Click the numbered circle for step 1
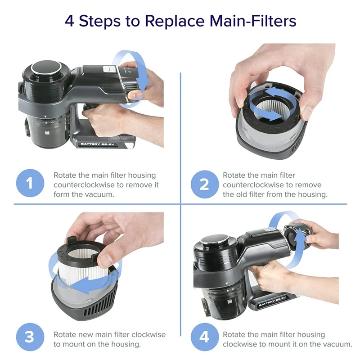pyautogui.click(x=30, y=183)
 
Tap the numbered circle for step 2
pyautogui.click(x=204, y=184)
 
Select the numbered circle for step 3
pyautogui.click(x=30, y=337)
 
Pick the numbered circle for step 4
pyautogui.click(x=204, y=337)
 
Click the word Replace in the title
pyautogui.click(x=175, y=21)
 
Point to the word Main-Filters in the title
pyautogui.click(x=253, y=21)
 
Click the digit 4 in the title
pyautogui.click(x=69, y=21)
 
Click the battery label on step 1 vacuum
pyautogui.click(x=97, y=144)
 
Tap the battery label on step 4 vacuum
pyautogui.click(x=272, y=301)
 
